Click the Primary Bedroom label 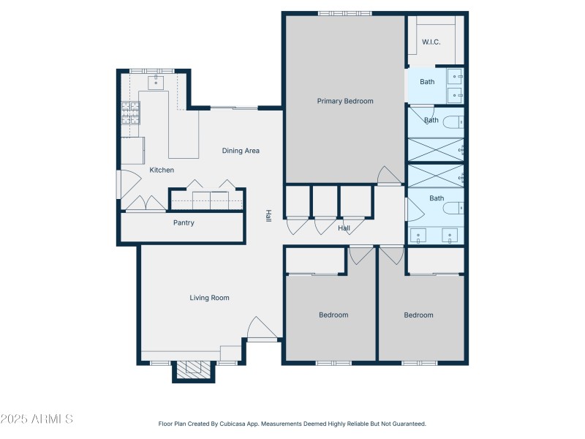(344, 101)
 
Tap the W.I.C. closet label (431, 42)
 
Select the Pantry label (184, 222)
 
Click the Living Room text (210, 298)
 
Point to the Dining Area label (241, 151)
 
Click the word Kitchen (162, 170)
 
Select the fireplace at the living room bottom (195, 370)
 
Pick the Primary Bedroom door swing (388, 176)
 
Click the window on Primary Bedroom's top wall (344, 13)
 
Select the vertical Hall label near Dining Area (268, 216)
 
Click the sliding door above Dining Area (234, 108)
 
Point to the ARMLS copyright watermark (37, 419)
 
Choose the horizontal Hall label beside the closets (344, 228)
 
